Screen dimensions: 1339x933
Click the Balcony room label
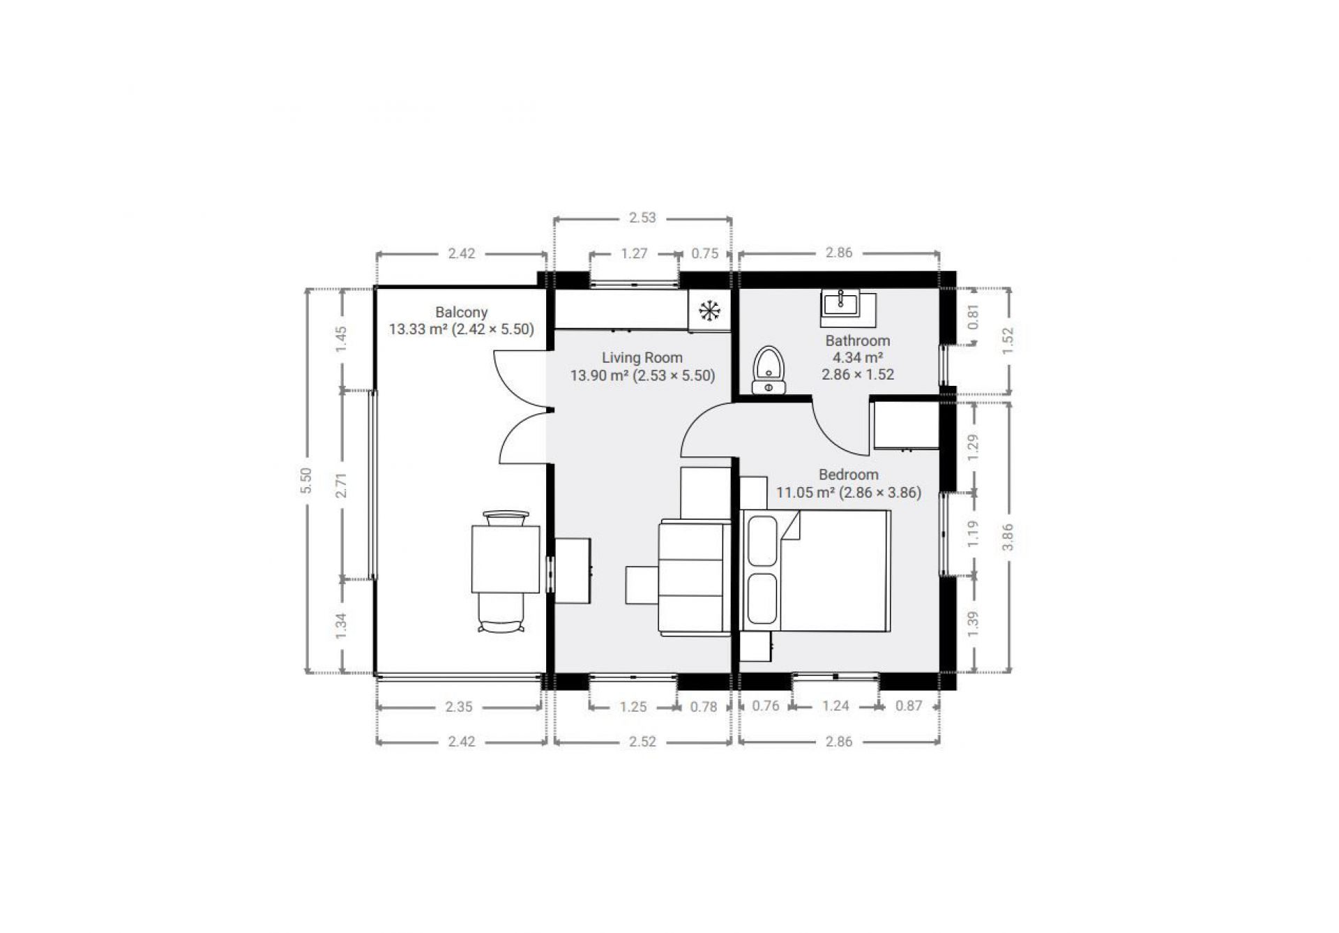pyautogui.click(x=461, y=313)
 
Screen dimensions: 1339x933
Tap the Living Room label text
pyautogui.click(x=642, y=358)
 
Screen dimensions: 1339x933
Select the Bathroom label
pyautogui.click(x=858, y=341)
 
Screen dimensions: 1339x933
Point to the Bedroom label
pyautogui.click(x=848, y=475)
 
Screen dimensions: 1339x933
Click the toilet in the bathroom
pyautogui.click(x=769, y=369)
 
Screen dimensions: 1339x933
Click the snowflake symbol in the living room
pyautogui.click(x=709, y=311)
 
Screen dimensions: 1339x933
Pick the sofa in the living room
pyautogui.click(x=694, y=578)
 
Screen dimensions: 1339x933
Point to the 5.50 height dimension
pyautogui.click(x=305, y=480)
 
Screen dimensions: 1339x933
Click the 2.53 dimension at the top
pyautogui.click(x=642, y=218)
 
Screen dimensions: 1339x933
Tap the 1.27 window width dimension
pyautogui.click(x=634, y=253)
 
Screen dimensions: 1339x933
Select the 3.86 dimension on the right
pyautogui.click(x=1008, y=537)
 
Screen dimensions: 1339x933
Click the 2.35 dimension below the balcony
pyautogui.click(x=459, y=707)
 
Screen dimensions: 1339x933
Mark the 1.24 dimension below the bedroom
pyautogui.click(x=835, y=706)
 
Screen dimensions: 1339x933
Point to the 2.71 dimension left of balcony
pyautogui.click(x=341, y=484)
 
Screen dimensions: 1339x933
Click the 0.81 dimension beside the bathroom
pyautogui.click(x=974, y=318)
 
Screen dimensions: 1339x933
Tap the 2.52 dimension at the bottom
pyautogui.click(x=642, y=741)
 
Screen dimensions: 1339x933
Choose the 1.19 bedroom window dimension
pyautogui.click(x=974, y=533)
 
